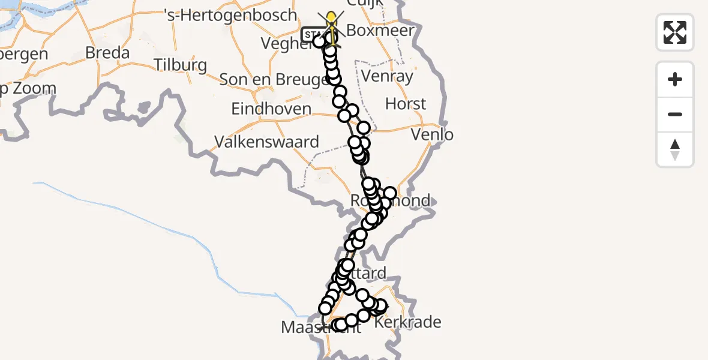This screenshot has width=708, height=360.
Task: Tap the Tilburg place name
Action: click(180, 65)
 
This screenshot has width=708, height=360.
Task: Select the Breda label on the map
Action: click(107, 53)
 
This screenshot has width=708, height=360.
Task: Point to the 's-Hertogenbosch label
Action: click(230, 15)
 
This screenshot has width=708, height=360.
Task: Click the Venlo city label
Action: click(432, 134)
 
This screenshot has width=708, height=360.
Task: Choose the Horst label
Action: click(406, 104)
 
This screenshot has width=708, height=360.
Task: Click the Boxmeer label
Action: click(381, 31)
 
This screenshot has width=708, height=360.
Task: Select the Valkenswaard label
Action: click(267, 142)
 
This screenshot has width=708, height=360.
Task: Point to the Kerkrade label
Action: click(407, 322)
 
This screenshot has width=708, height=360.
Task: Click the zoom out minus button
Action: click(675, 115)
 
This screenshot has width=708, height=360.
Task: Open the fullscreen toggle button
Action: click(675, 32)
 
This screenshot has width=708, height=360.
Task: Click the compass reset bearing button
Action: click(675, 149)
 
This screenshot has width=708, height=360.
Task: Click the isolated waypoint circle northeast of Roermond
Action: click(390, 193)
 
